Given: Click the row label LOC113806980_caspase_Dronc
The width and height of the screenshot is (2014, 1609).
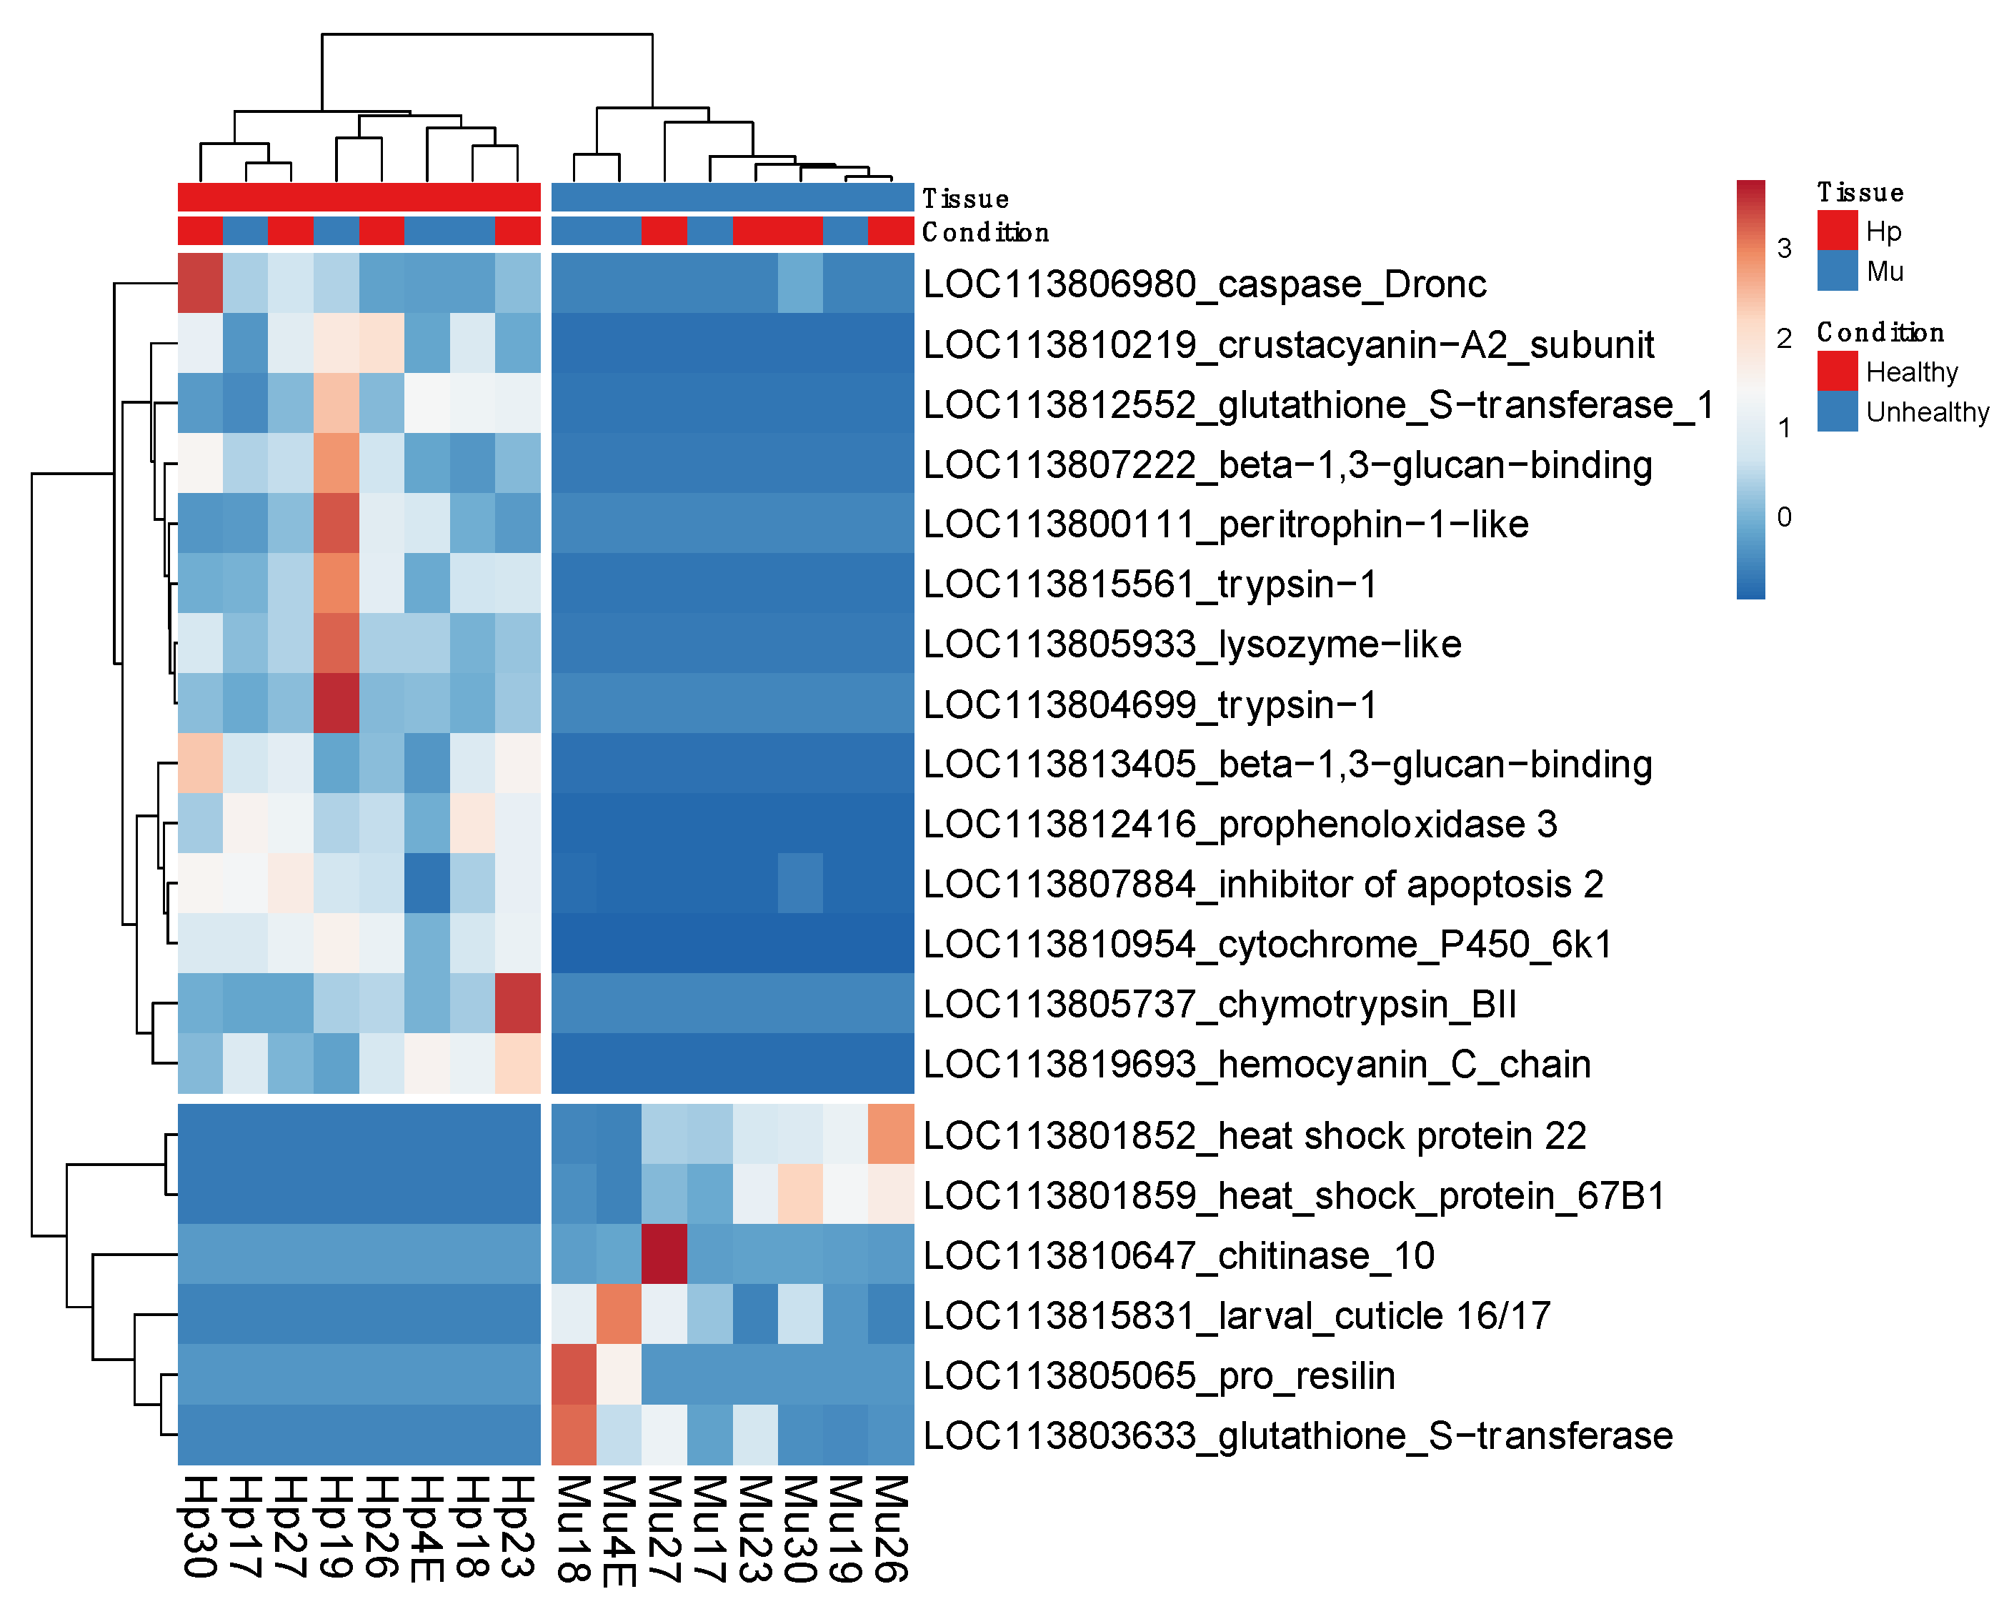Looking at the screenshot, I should (1204, 284).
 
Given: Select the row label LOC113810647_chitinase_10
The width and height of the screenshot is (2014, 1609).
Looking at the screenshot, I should (1178, 1256).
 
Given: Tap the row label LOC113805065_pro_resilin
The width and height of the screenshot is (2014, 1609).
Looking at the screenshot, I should (1158, 1375).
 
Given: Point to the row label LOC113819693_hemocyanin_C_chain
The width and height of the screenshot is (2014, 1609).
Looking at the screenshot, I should (1257, 1065).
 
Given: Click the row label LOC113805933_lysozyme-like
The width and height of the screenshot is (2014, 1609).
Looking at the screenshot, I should (1192, 644).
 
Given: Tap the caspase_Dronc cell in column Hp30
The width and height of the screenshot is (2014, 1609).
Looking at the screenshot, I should (200, 283).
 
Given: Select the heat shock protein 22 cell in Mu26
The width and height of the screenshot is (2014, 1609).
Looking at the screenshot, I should (891, 1135).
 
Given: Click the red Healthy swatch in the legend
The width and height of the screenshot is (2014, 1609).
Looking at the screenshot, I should (1837, 371).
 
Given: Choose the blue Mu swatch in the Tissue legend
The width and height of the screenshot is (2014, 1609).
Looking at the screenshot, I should (1837, 271).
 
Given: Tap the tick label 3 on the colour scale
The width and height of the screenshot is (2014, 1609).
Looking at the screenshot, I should (1784, 249).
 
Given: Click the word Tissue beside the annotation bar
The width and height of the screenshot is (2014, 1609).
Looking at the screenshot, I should (965, 199).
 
